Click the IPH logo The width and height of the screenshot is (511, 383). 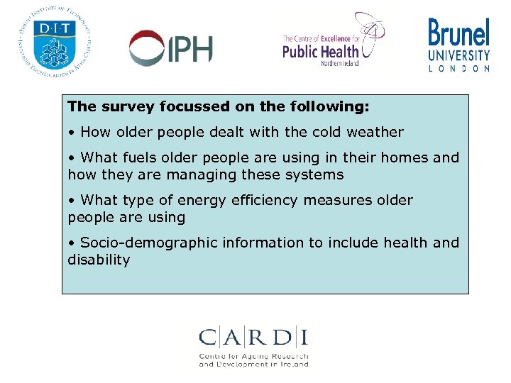coord(170,48)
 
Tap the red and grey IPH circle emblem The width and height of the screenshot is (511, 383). coord(145,48)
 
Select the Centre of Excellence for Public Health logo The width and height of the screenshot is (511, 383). coord(332,41)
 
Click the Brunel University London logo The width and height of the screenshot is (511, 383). coord(458,44)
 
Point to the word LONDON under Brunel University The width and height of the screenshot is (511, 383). coord(458,69)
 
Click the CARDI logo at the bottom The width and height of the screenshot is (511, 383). coord(253,347)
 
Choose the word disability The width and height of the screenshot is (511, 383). coord(99,260)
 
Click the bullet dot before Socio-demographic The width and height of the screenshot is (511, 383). coord(71,243)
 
